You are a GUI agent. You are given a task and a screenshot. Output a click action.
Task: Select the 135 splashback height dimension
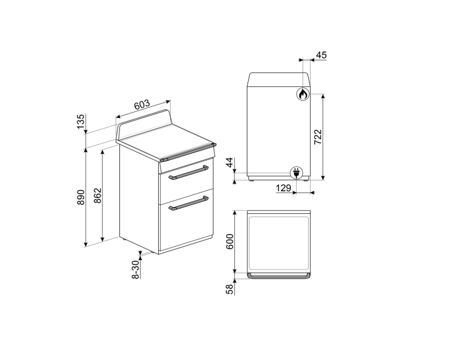[x=80, y=122]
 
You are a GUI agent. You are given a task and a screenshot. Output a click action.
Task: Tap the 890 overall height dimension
[x=81, y=198]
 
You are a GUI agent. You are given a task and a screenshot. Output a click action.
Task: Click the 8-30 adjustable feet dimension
[x=136, y=269]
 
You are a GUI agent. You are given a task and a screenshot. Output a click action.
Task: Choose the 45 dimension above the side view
[x=321, y=56]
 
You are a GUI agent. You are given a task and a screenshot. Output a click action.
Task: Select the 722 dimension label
[x=317, y=136]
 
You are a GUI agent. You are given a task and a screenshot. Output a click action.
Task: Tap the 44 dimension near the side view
[x=230, y=164]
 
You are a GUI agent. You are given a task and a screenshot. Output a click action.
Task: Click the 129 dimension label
[x=284, y=188]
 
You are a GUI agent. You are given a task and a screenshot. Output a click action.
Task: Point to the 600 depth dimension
[x=230, y=242]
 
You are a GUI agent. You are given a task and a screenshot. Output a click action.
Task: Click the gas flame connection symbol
[x=302, y=94]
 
